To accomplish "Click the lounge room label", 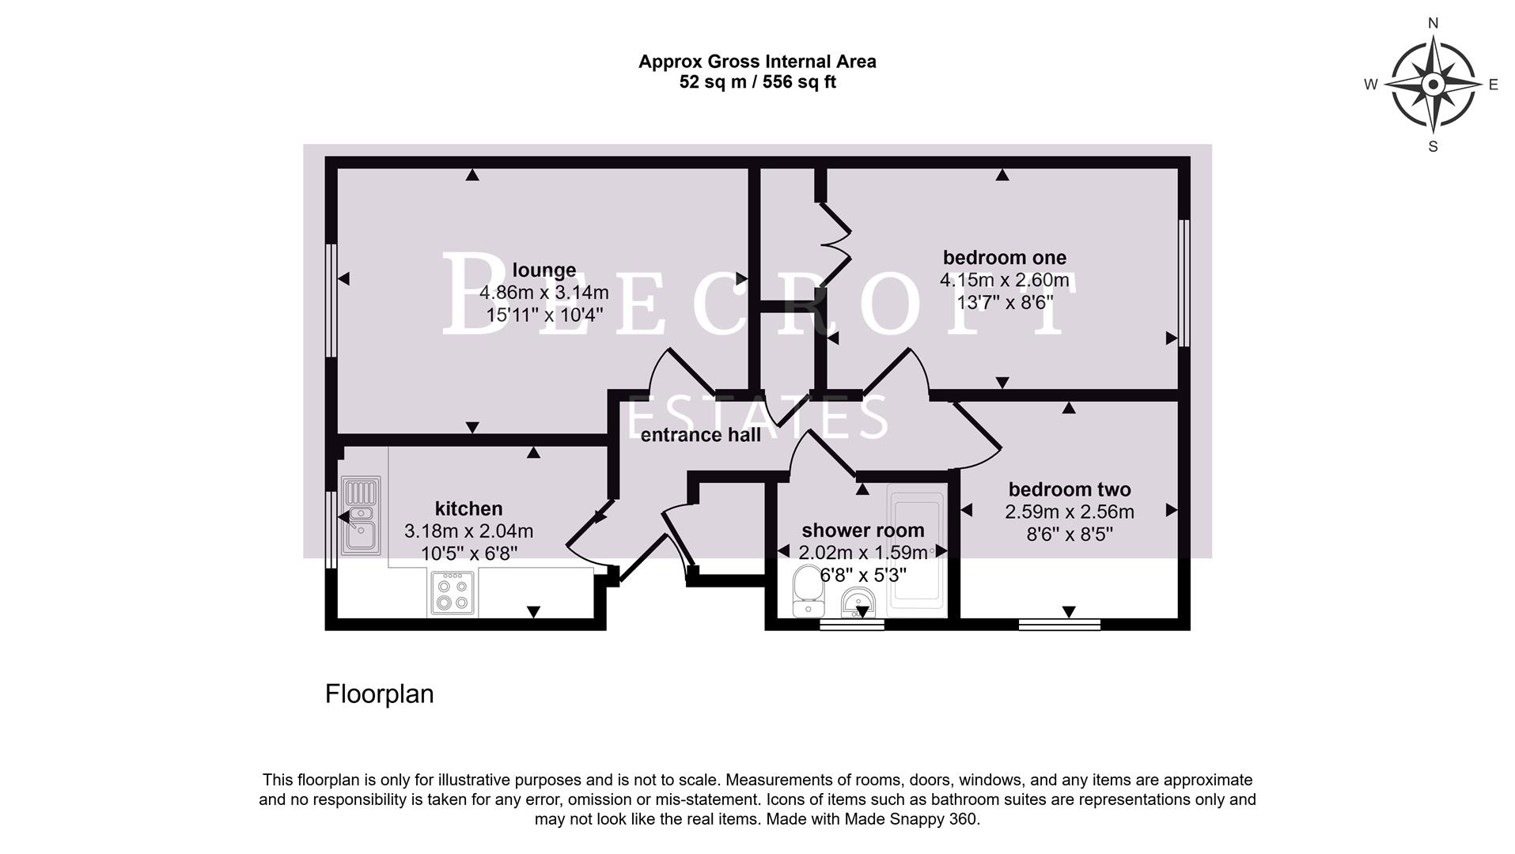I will click(x=544, y=270).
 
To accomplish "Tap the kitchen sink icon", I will click(x=360, y=514).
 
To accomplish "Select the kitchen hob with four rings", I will click(x=454, y=593).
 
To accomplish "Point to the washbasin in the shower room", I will click(x=857, y=604).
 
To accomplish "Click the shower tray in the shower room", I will click(x=916, y=550).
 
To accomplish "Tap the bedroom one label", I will click(x=1004, y=258).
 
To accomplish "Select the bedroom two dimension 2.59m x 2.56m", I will click(x=1069, y=512).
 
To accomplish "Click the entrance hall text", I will click(x=700, y=435).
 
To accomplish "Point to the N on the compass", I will click(x=1433, y=23).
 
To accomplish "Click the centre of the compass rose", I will click(x=1433, y=85).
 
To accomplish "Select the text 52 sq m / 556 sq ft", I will click(x=757, y=82).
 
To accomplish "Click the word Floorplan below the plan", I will click(x=379, y=694).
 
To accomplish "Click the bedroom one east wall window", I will click(x=1184, y=282).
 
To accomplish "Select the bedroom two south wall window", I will click(x=1059, y=625).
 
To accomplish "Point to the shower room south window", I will click(x=851, y=625).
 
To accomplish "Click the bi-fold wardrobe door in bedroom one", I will click(x=835, y=245).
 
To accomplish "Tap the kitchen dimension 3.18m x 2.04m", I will click(x=468, y=531).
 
